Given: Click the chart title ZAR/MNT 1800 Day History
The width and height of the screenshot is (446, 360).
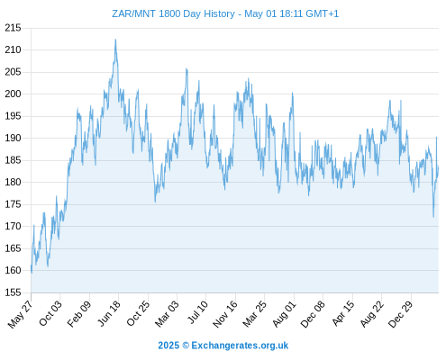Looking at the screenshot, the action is [173, 13].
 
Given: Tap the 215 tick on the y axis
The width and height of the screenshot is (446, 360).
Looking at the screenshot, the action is [13, 28].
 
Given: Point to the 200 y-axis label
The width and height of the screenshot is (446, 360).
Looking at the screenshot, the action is [13, 94].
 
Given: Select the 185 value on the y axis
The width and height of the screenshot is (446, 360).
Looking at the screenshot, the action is [13, 160].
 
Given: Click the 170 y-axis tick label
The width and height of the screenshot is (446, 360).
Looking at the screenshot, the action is [13, 226].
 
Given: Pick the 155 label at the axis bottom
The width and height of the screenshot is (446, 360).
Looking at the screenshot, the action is [13, 292].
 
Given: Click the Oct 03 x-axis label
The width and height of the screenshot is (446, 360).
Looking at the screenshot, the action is [50, 313].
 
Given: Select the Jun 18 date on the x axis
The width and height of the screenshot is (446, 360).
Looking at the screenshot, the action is [109, 313].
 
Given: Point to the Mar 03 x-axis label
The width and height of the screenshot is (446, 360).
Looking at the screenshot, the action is [167, 313].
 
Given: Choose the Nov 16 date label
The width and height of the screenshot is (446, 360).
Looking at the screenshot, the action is [225, 314].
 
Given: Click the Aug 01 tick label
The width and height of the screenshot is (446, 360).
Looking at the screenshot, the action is [284, 313].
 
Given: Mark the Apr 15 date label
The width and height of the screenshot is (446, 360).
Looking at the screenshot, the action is [343, 313].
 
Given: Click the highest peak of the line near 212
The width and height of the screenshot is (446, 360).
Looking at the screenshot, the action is [115, 40].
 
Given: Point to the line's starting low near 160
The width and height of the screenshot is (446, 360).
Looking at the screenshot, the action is [32, 273].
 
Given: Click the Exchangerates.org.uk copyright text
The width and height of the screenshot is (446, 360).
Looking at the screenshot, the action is [240, 346].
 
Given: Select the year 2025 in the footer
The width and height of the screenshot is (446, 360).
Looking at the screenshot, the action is [168, 346].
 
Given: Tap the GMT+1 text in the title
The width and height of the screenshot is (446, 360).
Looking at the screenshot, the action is [323, 13].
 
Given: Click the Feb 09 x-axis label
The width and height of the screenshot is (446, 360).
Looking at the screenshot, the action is [79, 313].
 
